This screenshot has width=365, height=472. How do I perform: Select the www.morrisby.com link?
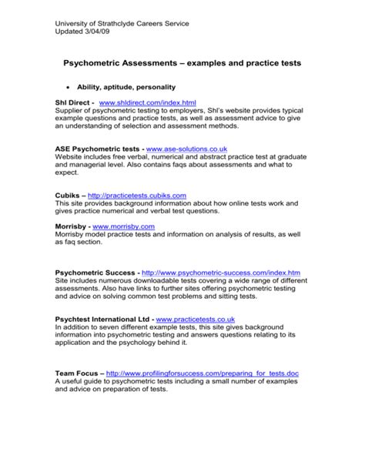123,226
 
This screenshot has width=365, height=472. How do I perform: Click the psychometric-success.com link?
222,273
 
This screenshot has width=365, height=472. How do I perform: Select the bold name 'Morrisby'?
72,226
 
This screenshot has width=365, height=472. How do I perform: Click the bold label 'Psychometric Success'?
96,273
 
